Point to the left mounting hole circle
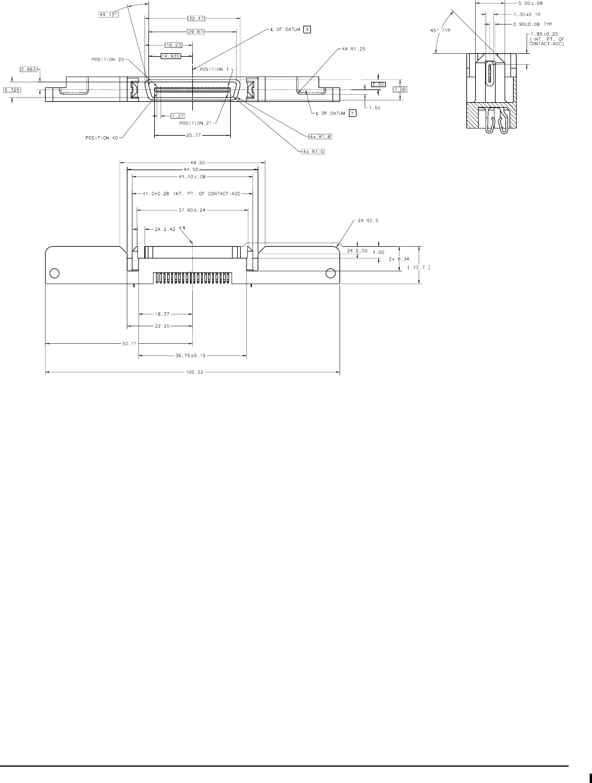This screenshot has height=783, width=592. click(54, 273)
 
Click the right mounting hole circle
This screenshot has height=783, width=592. click(330, 273)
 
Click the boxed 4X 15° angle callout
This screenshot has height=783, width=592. click(109, 15)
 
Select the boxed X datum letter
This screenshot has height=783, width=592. click(307, 29)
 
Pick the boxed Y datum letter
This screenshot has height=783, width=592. click(352, 113)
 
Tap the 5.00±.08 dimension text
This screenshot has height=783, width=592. click(530, 2)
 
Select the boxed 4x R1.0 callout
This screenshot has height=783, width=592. click(313, 151)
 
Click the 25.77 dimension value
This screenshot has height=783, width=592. click(192, 136)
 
